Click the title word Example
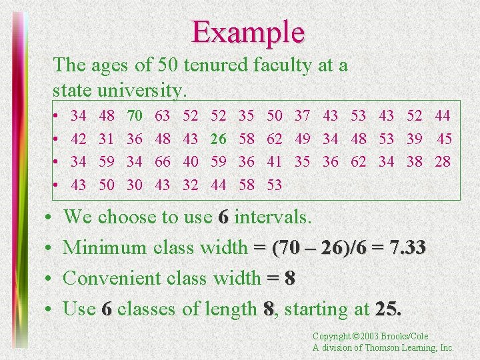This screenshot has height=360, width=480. point(248,31)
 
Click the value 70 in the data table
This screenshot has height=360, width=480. point(135,117)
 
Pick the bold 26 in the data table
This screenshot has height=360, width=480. point(218,139)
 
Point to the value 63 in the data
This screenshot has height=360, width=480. point(162,117)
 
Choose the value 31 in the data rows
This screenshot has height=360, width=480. point(107,139)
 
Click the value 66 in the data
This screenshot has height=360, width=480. point(162,161)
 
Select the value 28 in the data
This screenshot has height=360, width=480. point(442,161)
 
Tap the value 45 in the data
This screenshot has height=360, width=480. point(444,139)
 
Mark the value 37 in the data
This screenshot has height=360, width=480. point(302,117)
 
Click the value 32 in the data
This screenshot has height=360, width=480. point(190,184)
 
